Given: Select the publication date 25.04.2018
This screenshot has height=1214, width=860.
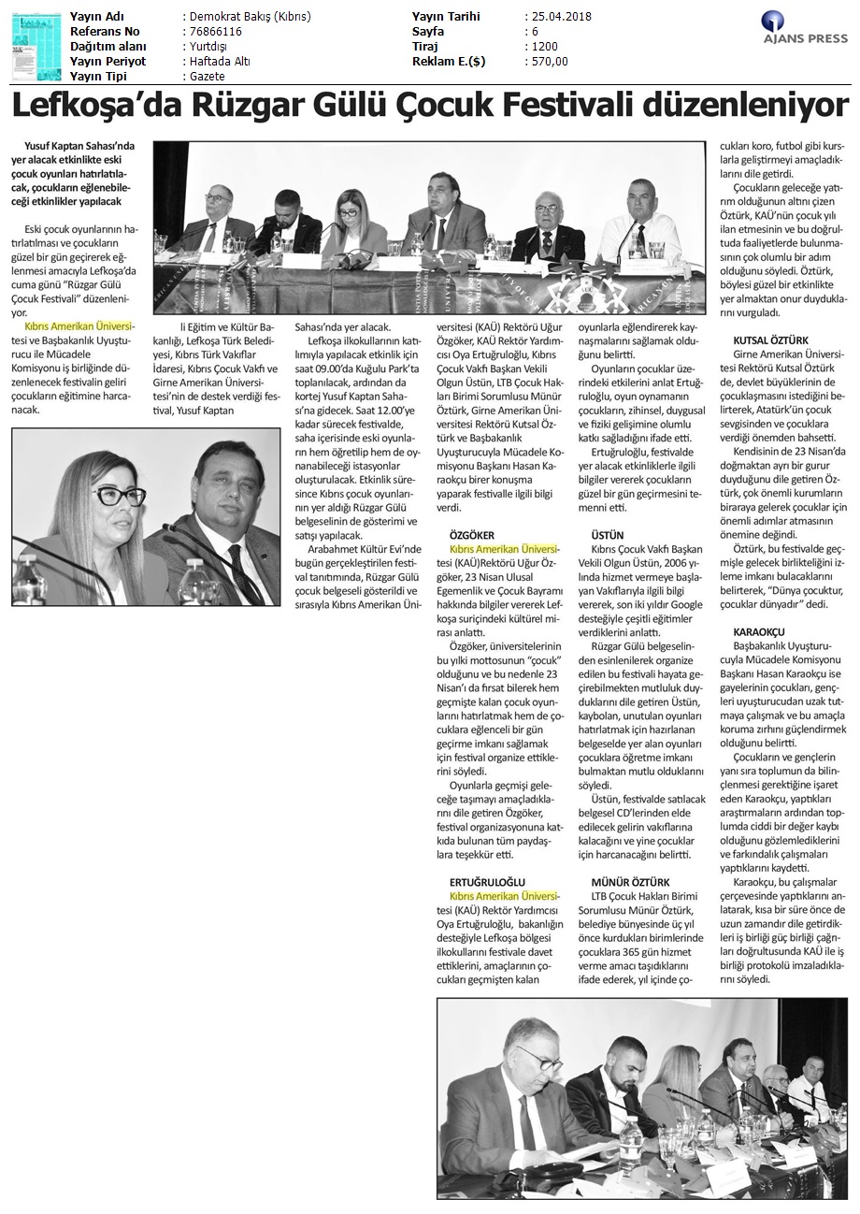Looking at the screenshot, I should pos(558,17).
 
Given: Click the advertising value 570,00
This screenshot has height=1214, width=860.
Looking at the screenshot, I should pos(549,62).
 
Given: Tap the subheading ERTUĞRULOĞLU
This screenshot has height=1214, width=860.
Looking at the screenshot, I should pos(487,882).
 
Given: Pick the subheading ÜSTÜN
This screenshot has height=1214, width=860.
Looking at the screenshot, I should pos(608,535).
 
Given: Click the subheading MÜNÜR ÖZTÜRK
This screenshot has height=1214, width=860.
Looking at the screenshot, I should pos(630,882).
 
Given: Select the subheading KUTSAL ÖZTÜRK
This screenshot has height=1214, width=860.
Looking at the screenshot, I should pos(771,340).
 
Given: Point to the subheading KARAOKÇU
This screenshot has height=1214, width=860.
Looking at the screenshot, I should pos(759,633).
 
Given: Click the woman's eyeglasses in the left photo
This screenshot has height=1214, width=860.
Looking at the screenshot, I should pos(119,496).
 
